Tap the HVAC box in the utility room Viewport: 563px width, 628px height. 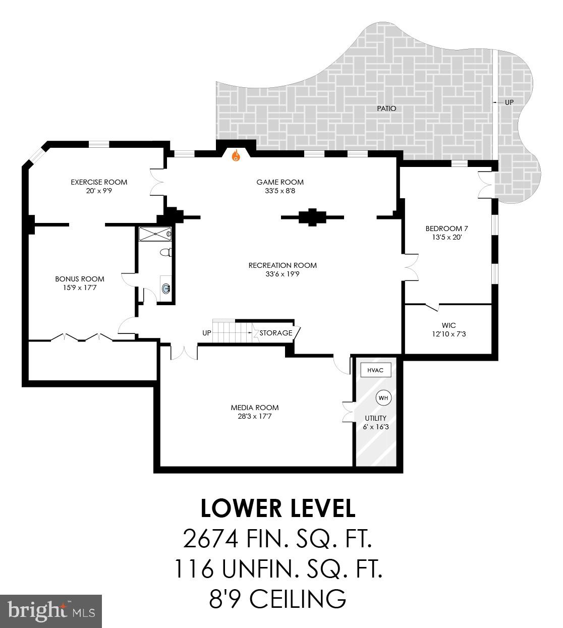click(375, 370)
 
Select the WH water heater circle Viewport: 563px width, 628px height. click(383, 398)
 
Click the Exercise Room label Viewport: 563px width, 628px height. click(99, 182)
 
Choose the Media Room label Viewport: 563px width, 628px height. click(255, 408)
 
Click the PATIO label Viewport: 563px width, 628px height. click(386, 108)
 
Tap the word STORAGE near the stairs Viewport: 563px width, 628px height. click(276, 333)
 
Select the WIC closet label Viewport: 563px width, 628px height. click(448, 325)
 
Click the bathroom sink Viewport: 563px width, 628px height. click(166, 288)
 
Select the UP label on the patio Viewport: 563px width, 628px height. click(509, 102)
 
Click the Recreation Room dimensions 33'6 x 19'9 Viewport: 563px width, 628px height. click(283, 274)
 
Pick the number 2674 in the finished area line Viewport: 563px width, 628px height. click(210, 539)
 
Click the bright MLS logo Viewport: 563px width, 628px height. click(51, 611)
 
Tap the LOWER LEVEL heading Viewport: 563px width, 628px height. click(278, 508)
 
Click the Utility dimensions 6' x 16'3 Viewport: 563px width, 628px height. click(375, 427)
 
